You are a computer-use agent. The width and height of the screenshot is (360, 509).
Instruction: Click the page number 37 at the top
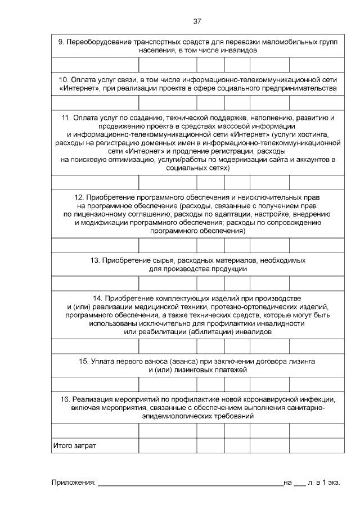coord(197,21)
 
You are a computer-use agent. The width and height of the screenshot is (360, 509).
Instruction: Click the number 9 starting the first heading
coord(61,42)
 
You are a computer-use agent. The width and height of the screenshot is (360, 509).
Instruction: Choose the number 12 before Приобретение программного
coord(79,197)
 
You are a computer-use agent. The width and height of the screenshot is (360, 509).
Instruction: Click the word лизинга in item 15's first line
coord(302,361)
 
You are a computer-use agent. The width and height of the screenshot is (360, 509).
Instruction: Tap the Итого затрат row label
coord(74,445)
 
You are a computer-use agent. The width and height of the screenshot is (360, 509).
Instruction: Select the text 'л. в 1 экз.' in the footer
coord(324,483)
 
